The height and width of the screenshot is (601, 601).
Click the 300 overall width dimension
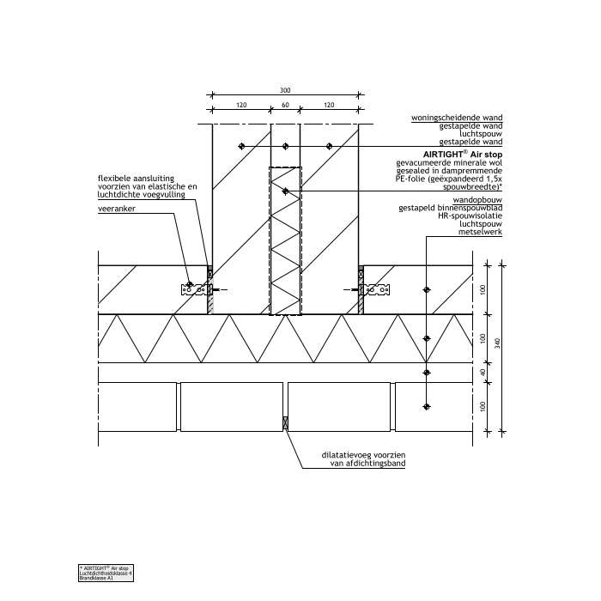(285, 89)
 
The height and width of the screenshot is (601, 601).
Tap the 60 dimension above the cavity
(285, 105)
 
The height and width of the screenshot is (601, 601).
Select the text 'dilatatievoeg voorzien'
(355, 454)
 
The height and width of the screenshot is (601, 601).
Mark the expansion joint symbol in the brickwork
(285, 423)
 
